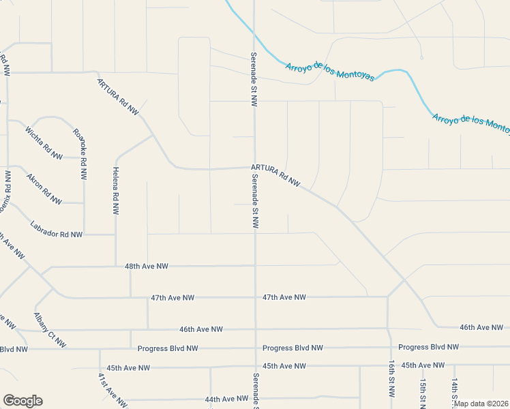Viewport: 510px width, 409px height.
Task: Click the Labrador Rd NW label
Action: (x=56, y=229)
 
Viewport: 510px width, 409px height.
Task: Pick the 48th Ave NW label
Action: (x=147, y=266)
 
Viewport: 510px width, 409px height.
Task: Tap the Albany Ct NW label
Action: (x=50, y=330)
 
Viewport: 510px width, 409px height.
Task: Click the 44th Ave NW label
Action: (x=226, y=399)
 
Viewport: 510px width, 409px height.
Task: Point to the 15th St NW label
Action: (x=423, y=391)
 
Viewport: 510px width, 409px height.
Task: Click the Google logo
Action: (x=22, y=401)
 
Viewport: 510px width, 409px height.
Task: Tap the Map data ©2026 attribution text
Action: (x=481, y=404)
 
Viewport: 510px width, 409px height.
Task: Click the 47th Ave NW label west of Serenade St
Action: (x=172, y=298)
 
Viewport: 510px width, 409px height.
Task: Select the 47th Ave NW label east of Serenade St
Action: (x=284, y=297)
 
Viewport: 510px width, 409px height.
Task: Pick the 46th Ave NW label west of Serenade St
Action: (x=201, y=329)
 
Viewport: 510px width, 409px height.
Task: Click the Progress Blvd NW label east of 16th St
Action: (x=429, y=347)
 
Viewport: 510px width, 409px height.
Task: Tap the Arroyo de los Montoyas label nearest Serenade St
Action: (x=330, y=71)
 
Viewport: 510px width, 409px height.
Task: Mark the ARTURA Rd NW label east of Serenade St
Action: (x=275, y=175)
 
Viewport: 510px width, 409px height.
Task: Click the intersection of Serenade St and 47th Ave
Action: (x=256, y=297)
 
